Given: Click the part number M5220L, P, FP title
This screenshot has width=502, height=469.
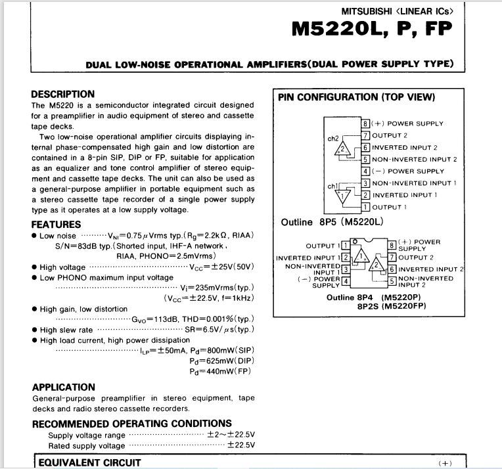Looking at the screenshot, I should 372,30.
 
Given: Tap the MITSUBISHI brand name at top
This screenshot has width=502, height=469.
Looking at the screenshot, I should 365,11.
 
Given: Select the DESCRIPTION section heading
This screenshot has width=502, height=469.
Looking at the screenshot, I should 63,94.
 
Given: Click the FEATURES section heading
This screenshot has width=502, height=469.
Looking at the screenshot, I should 57,224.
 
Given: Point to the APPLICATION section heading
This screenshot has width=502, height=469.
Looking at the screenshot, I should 64,387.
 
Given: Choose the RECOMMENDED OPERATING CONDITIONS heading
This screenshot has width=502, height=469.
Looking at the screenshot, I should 132,424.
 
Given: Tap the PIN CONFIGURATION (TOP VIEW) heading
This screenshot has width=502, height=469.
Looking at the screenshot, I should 356,97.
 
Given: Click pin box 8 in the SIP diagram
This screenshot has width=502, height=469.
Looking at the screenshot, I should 366,123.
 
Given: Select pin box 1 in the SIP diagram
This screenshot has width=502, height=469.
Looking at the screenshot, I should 366,207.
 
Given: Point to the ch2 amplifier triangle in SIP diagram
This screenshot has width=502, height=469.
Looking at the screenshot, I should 341,150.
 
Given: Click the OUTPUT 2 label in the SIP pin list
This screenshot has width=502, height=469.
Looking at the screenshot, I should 390,135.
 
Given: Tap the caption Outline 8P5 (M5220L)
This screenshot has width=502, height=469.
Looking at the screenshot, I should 331,222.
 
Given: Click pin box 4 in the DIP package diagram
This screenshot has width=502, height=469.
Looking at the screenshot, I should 344,281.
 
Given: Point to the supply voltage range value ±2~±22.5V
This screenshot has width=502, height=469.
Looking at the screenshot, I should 231,435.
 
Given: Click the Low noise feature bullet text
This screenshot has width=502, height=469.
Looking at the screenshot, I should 58,236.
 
